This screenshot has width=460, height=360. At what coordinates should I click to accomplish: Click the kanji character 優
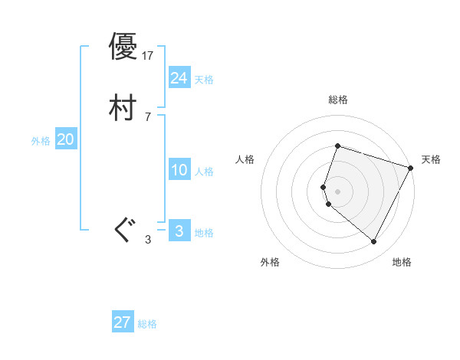(x=123, y=47)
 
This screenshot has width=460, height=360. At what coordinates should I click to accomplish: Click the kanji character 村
(x=123, y=108)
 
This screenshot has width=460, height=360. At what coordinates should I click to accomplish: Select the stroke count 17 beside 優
(x=149, y=56)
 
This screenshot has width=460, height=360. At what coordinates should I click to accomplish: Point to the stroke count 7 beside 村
(x=147, y=117)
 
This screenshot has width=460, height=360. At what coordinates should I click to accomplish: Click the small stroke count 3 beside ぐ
(x=148, y=240)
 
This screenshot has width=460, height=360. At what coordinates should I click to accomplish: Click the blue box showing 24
(x=179, y=78)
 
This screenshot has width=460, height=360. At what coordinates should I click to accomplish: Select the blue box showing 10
(x=179, y=170)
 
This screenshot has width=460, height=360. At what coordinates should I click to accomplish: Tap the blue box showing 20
(x=65, y=139)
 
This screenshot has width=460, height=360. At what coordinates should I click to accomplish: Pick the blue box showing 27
(x=123, y=322)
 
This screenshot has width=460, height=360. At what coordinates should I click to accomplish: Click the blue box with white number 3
(x=179, y=231)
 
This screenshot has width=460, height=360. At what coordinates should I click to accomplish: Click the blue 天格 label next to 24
(x=204, y=80)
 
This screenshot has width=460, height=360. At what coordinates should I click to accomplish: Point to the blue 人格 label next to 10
(x=204, y=172)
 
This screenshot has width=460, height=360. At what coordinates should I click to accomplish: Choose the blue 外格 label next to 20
(x=41, y=141)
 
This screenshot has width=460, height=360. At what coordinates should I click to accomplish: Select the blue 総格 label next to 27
(x=148, y=324)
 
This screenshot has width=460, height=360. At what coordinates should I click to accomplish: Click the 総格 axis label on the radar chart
(x=337, y=100)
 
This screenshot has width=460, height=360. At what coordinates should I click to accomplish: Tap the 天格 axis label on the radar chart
(x=432, y=159)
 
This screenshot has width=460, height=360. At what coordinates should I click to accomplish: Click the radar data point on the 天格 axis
(x=411, y=168)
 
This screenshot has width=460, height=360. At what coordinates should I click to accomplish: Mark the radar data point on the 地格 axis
(x=373, y=242)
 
